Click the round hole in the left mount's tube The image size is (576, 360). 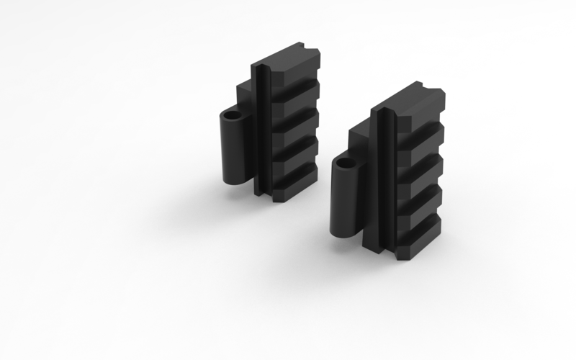232,114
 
